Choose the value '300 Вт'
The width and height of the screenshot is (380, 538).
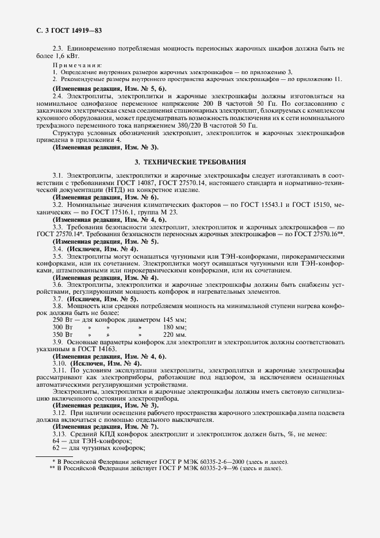point(63,326)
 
